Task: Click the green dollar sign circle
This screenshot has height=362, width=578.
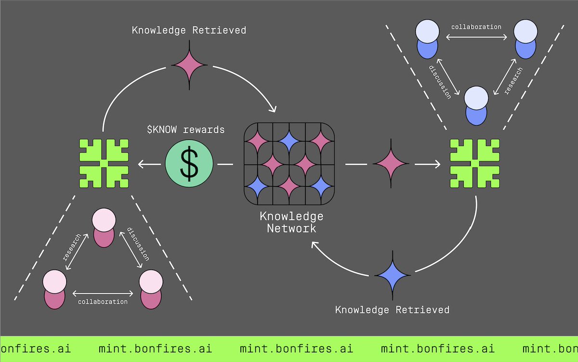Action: [x=188, y=164]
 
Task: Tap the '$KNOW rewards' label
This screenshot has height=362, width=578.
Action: [x=186, y=130]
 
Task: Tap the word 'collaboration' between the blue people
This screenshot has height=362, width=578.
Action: [x=476, y=27]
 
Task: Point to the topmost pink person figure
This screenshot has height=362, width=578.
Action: [x=104, y=228]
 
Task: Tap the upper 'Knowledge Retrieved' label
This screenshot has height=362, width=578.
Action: [x=189, y=30]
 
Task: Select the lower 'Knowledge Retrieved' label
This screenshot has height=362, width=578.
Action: [x=392, y=309]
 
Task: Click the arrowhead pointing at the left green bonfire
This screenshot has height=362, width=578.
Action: [x=141, y=165]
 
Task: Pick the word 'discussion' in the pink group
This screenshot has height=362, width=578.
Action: [x=137, y=244]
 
